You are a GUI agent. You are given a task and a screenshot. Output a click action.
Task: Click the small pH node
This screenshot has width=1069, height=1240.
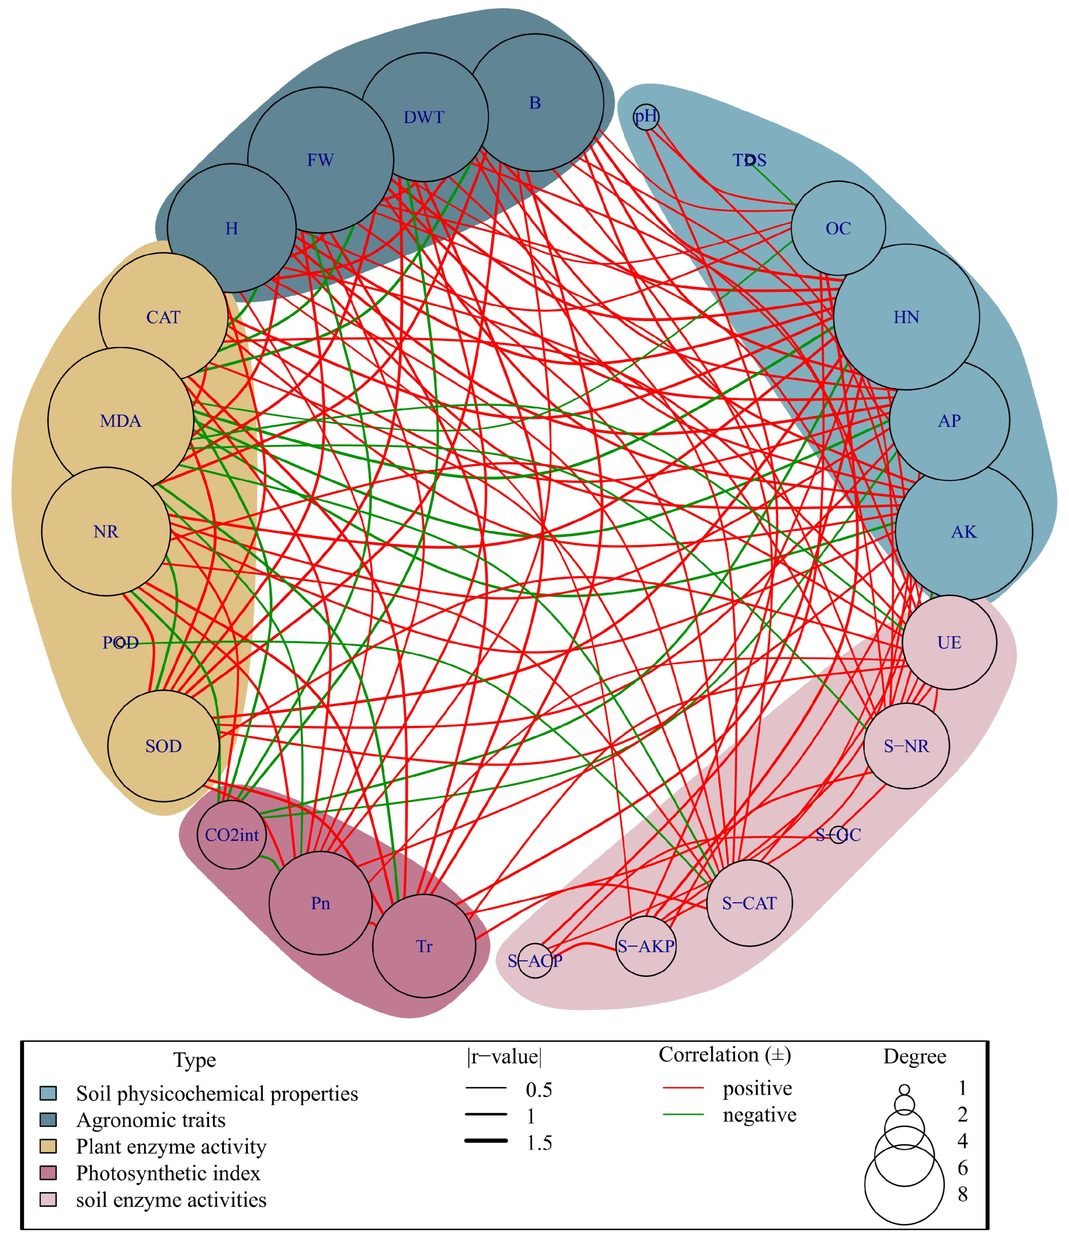click(x=646, y=117)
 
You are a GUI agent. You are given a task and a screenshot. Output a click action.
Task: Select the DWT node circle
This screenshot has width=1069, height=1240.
click(x=424, y=117)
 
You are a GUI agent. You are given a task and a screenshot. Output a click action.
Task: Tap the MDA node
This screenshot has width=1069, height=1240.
click(x=121, y=421)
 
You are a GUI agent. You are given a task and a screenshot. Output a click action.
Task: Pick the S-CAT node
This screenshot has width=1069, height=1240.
click(x=750, y=903)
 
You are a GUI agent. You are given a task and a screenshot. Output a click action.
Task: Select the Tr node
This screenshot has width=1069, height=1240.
click(x=424, y=947)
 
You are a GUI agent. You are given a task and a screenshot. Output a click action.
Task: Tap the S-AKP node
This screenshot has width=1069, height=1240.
click(x=646, y=947)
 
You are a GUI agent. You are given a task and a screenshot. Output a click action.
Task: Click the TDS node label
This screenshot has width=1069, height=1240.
click(x=750, y=161)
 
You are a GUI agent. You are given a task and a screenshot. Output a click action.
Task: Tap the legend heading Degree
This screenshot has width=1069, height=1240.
click(x=915, y=1057)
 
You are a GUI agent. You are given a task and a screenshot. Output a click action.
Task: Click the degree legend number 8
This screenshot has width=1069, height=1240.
click(x=962, y=1194)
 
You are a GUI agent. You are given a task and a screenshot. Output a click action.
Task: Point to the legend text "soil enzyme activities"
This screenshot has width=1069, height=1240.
click(x=171, y=1200)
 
